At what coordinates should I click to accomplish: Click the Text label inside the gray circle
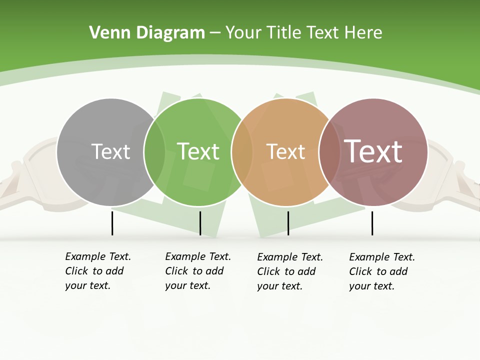pyautogui.click(x=110, y=151)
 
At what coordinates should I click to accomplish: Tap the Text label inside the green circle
pyautogui.click(x=198, y=151)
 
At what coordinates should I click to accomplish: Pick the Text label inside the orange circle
pyautogui.click(x=285, y=151)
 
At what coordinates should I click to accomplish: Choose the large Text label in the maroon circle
pyautogui.click(x=373, y=151)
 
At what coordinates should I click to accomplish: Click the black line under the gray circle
pyautogui.click(x=112, y=223)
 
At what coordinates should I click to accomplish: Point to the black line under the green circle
pyautogui.click(x=200, y=223)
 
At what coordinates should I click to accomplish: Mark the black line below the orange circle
pyautogui.click(x=288, y=223)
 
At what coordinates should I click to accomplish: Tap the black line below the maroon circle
pyautogui.click(x=372, y=223)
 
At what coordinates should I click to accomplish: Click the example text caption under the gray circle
pyautogui.click(x=97, y=271)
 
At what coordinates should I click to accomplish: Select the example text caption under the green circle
pyautogui.click(x=197, y=271)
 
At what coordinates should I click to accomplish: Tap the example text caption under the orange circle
pyautogui.click(x=289, y=271)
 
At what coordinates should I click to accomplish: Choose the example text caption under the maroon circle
pyautogui.click(x=381, y=271)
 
